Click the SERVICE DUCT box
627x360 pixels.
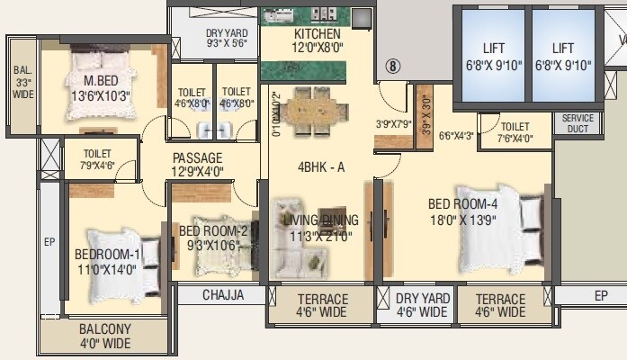pos(578,123)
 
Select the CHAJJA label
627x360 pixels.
pos(223,294)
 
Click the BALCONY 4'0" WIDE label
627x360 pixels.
pos(105,336)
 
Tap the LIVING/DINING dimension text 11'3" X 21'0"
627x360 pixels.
pos(321,237)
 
